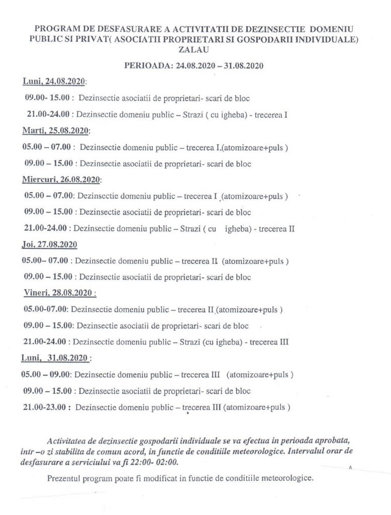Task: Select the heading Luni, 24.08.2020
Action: point(55,82)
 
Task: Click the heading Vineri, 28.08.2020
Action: point(60,293)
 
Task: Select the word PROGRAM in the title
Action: point(54,29)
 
